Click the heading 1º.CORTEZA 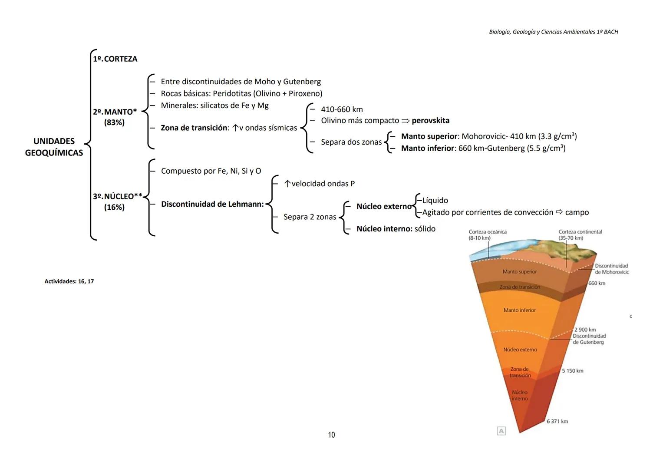[x=115, y=59]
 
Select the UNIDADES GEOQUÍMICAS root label [x=54, y=147]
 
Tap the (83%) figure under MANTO [x=114, y=122]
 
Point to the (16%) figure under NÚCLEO [x=114, y=207]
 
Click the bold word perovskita [x=430, y=120]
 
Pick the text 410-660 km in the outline [x=342, y=109]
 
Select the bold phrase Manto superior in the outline [x=429, y=136]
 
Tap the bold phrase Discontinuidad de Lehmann [x=212, y=204]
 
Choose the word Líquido [x=435, y=200]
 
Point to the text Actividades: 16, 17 [x=69, y=281]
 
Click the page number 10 [x=331, y=435]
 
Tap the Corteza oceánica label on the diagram [x=488, y=232]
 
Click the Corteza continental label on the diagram [x=580, y=232]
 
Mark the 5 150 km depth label [x=572, y=371]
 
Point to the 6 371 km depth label [x=557, y=421]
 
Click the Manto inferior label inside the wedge [x=519, y=310]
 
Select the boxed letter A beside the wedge [x=501, y=431]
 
